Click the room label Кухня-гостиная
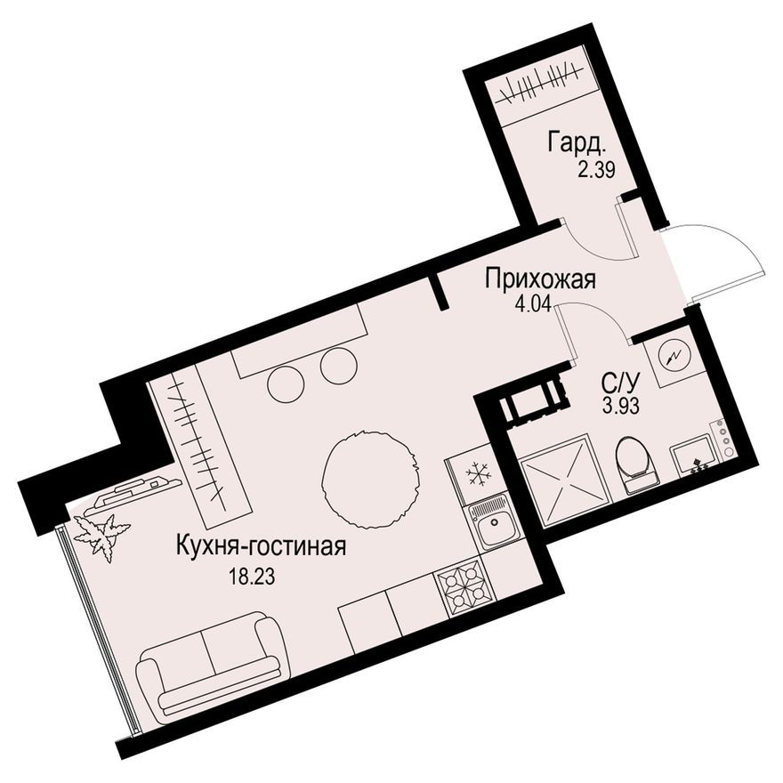click(x=262, y=545)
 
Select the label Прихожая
click(x=541, y=279)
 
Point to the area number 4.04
click(x=533, y=303)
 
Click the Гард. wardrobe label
click(x=577, y=143)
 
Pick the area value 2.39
click(x=596, y=170)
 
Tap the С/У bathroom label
click(x=619, y=384)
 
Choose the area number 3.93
click(x=621, y=407)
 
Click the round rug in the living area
click(x=369, y=480)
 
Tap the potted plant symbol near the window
click(x=101, y=536)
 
